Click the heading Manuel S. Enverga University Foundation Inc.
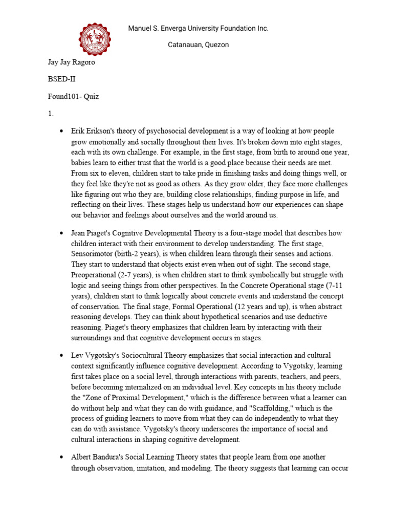(x=198, y=29)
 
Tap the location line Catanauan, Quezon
(x=199, y=45)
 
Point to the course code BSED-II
(x=62, y=80)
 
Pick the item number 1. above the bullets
(x=51, y=114)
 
